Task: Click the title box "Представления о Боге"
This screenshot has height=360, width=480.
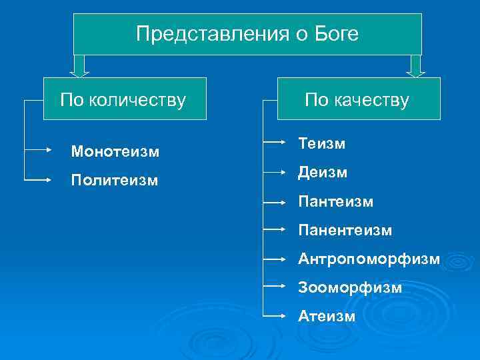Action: [x=247, y=34]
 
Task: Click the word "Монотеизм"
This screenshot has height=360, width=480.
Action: [x=115, y=152]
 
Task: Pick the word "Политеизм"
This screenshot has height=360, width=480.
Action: [x=115, y=181]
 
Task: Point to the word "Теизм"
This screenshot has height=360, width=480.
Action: [x=321, y=143]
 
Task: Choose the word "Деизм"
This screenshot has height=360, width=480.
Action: [x=323, y=172]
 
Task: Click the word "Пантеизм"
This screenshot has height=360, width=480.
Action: [x=335, y=201]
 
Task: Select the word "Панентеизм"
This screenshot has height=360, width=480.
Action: [x=345, y=230]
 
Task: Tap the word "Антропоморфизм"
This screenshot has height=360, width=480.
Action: [x=369, y=258]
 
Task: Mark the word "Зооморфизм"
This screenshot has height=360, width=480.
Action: [x=350, y=287]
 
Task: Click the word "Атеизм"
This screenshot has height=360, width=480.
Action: [x=327, y=316]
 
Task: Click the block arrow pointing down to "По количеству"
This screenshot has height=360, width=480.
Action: [x=79, y=65]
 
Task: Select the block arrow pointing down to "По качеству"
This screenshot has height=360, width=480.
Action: [x=417, y=65]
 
